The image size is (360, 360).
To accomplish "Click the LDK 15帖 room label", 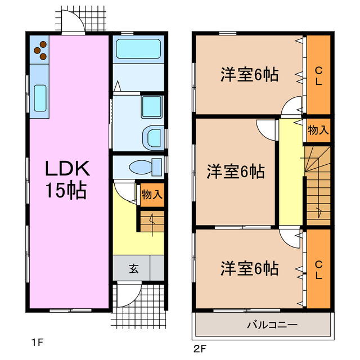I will point(66,178).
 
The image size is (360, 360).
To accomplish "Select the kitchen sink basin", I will point(40,97).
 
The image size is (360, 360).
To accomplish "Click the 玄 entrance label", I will point(134,268).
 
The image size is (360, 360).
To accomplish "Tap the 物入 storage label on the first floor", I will point(152,195).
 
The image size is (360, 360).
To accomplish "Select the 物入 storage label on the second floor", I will point(318,130).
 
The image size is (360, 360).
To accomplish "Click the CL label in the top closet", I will point(318,75).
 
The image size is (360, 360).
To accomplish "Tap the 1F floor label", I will point(37,341).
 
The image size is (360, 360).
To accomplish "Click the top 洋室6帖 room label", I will point(249,75).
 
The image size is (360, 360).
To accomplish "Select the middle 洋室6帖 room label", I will point(235,170).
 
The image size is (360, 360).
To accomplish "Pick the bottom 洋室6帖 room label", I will point(249,268).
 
